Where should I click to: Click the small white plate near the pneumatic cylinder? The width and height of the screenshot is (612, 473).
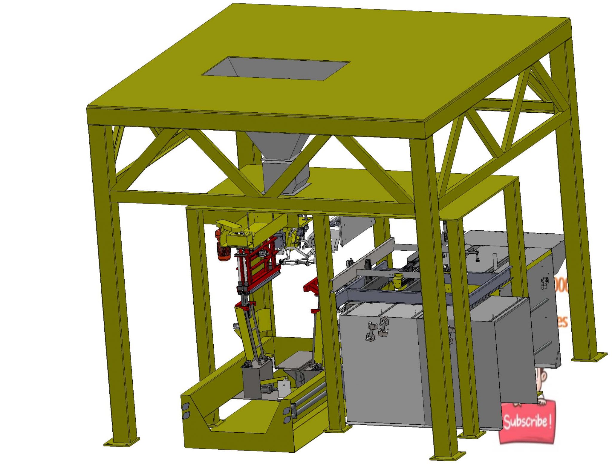coord(284,388)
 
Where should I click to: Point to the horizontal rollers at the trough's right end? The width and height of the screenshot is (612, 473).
coord(311,394)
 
